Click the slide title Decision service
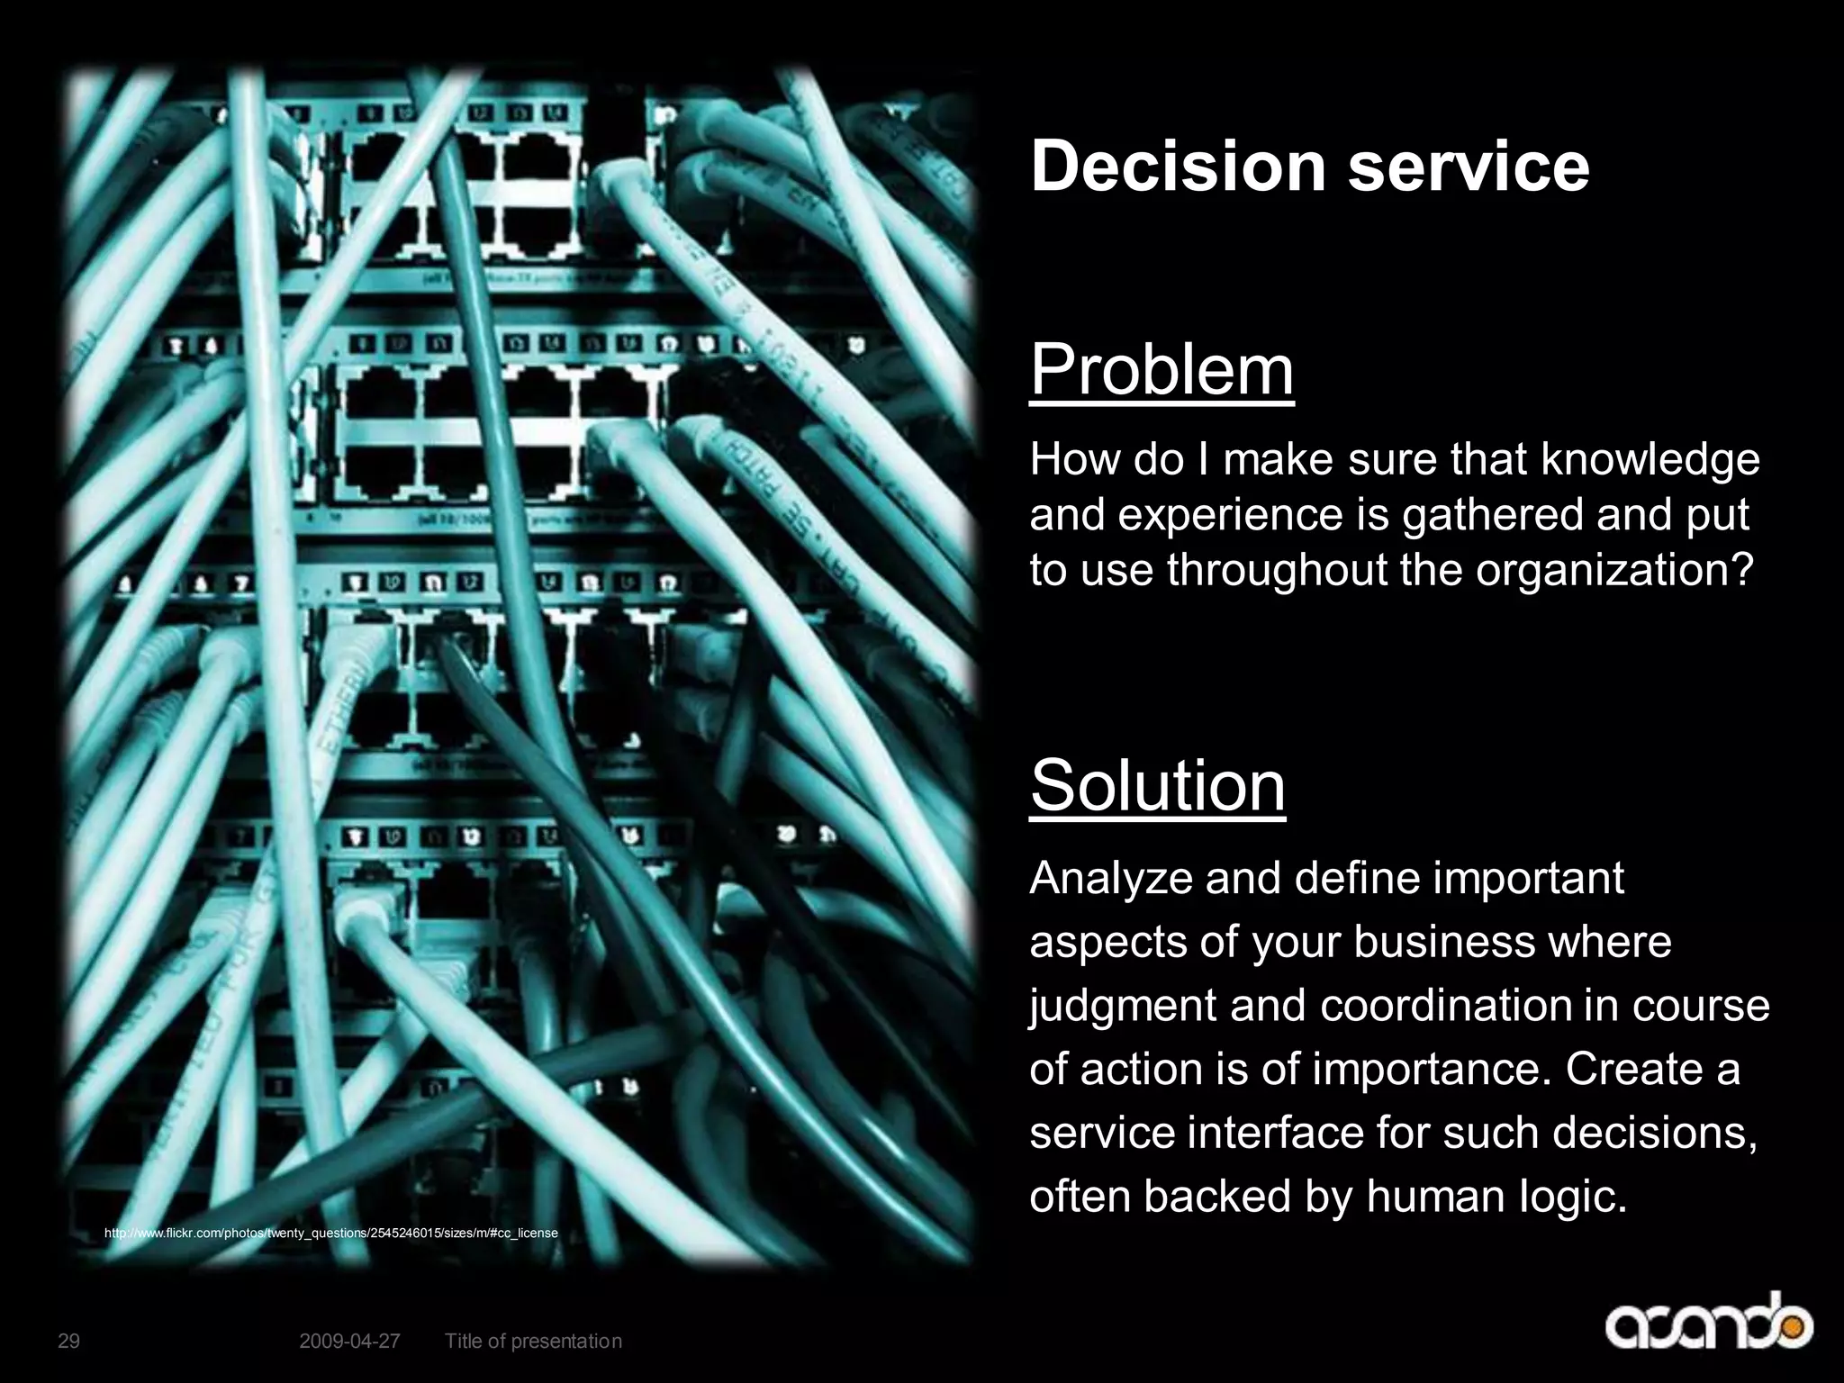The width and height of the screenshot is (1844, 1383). (1309, 166)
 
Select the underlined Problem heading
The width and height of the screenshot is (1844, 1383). (1162, 370)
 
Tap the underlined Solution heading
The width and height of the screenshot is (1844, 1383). (1157, 785)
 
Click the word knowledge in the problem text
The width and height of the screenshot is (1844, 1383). (1650, 460)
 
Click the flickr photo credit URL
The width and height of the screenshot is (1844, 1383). (331, 1233)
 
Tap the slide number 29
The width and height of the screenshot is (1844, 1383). (68, 1341)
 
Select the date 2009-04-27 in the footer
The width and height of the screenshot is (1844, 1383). (349, 1341)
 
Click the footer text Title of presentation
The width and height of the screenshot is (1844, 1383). (533, 1341)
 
